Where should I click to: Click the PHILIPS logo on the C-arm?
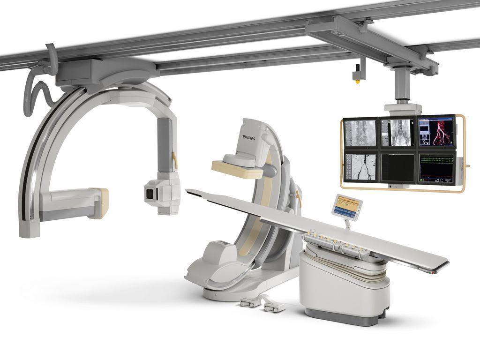[x=249, y=136]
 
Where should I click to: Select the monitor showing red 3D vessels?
[x=437, y=132]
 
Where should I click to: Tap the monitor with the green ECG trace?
[x=436, y=167]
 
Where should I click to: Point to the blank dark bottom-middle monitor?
[x=397, y=167]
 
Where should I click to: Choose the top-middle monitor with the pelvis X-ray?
[x=398, y=133]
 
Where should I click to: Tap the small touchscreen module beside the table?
[x=347, y=207]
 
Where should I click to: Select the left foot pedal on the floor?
[x=250, y=303]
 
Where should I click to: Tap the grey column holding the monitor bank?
[x=402, y=87]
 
